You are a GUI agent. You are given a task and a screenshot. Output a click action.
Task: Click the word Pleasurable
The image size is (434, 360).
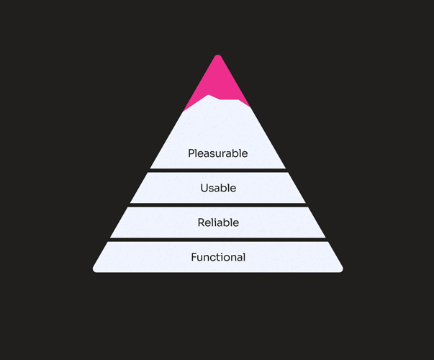(x=217, y=153)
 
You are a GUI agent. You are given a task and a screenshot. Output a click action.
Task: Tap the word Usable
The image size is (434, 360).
(x=218, y=188)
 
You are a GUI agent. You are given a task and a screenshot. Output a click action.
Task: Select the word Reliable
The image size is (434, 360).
(x=218, y=222)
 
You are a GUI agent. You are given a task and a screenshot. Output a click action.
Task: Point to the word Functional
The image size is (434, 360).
(x=218, y=257)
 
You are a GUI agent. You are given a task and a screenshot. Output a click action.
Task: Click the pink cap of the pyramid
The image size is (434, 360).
(x=217, y=79)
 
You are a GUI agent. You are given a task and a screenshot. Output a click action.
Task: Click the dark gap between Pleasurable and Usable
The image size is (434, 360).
(x=217, y=170)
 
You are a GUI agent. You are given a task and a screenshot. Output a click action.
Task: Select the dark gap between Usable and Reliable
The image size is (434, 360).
(x=217, y=204)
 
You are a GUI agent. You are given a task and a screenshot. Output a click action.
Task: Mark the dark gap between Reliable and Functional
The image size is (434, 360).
(x=217, y=239)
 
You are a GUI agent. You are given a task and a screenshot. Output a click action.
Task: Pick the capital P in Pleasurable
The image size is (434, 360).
(x=191, y=153)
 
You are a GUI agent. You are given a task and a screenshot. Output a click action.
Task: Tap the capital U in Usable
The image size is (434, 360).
(x=204, y=188)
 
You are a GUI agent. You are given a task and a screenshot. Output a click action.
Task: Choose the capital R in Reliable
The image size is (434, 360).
(x=202, y=222)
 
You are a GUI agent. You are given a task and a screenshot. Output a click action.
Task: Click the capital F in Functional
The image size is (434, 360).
(x=194, y=257)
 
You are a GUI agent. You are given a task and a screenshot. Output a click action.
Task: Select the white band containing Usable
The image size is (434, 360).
(x=259, y=188)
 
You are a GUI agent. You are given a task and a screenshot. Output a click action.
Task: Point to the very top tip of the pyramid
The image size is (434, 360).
(x=217, y=56)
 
